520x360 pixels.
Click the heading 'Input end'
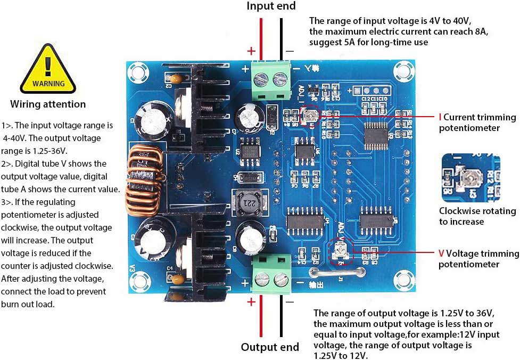coord(271,6)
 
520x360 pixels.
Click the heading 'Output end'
coord(270,347)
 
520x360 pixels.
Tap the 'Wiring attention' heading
coord(48,104)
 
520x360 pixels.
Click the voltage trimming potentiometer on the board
coord(340,250)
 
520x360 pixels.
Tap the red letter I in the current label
coord(440,117)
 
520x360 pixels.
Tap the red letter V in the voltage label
coord(441,253)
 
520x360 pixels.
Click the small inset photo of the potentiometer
coord(470,178)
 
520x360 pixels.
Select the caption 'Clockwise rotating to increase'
coord(477,216)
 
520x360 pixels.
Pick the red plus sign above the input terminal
coord(251,51)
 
